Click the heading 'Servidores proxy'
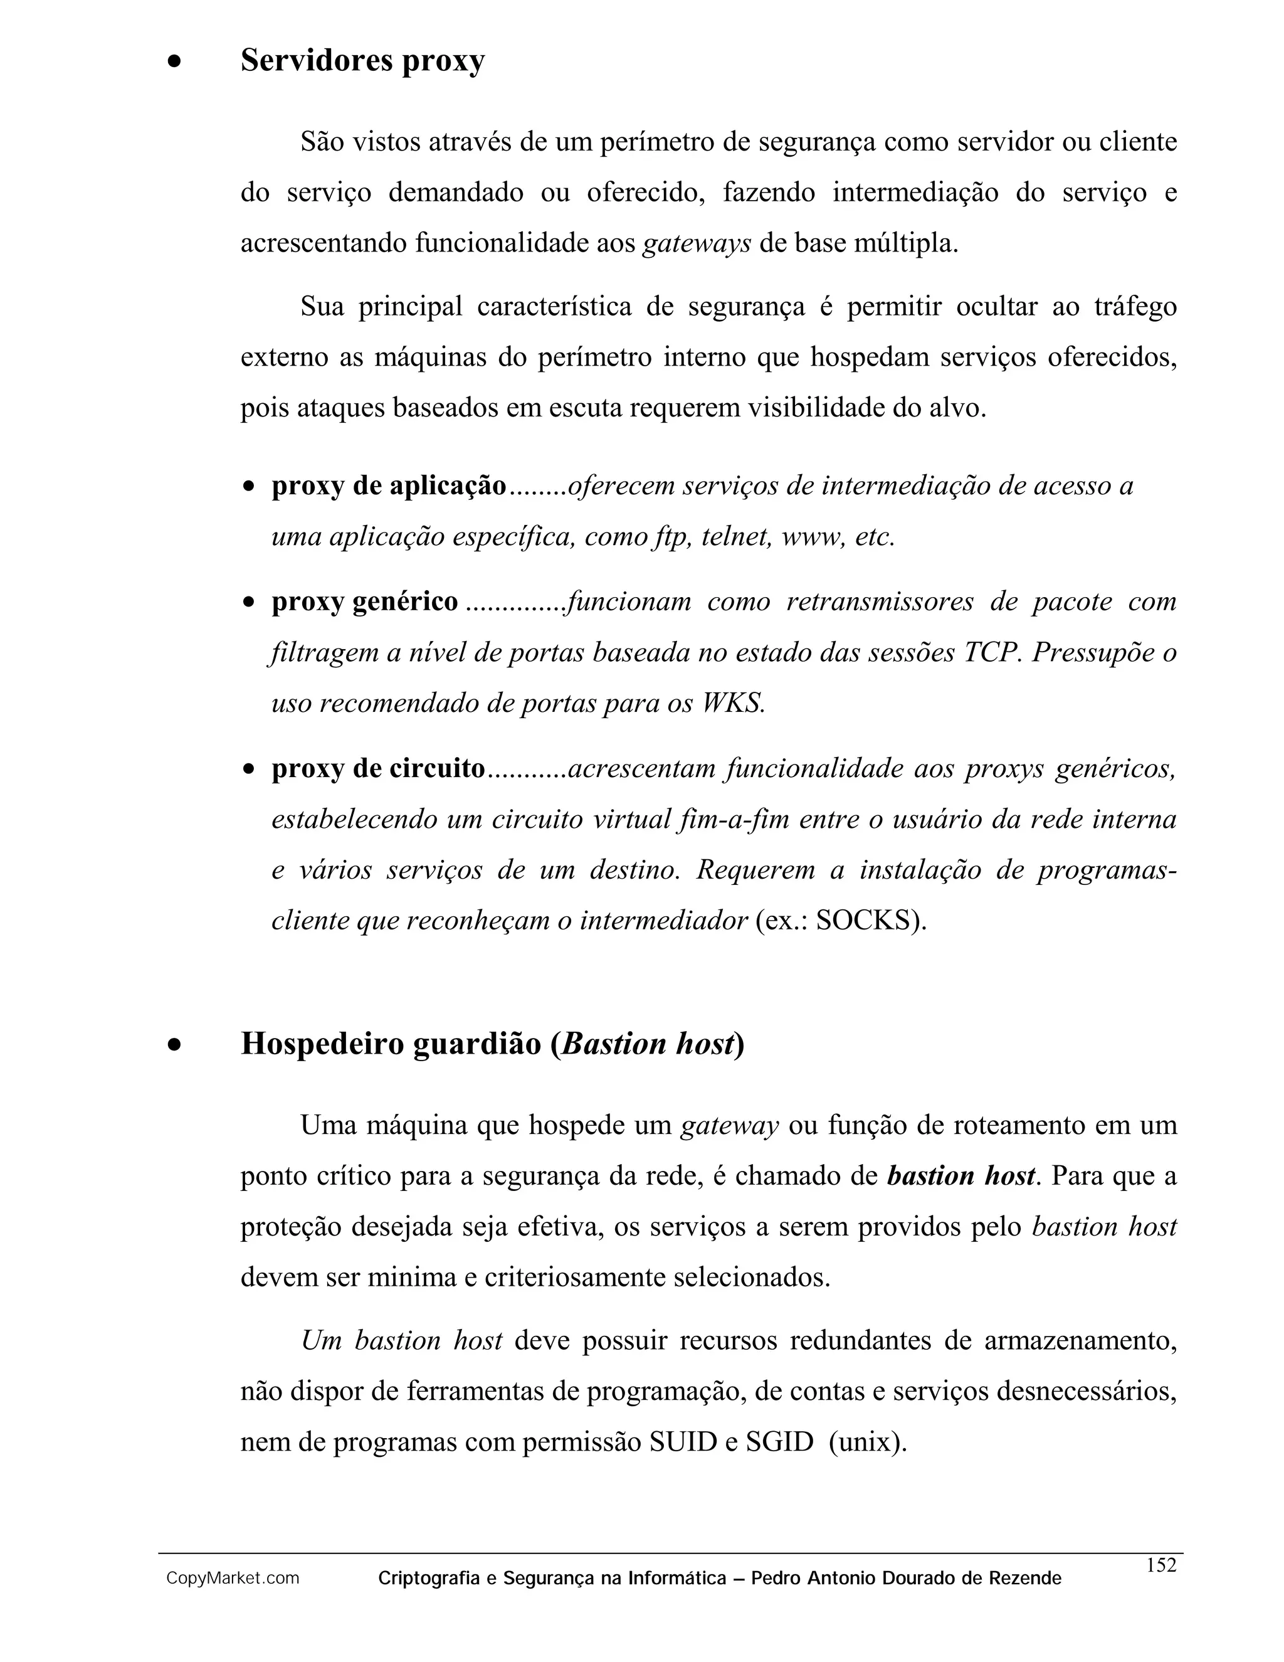(x=362, y=61)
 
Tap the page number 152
(x=1160, y=1565)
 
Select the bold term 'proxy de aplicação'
(x=389, y=485)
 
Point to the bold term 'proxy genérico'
(x=365, y=602)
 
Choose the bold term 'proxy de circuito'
(x=378, y=769)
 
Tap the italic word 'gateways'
(x=697, y=243)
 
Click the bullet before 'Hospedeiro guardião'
(x=175, y=1045)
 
